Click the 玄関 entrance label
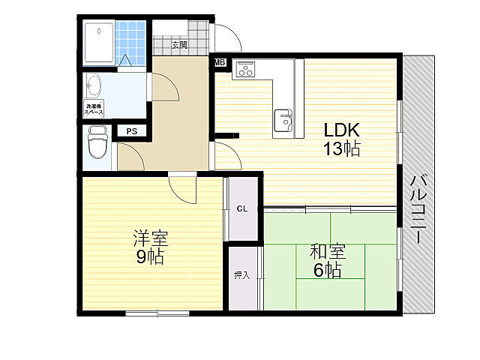click(179, 45)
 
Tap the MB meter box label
click(220, 63)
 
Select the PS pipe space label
click(132, 132)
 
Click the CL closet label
click(242, 208)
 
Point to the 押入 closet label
click(241, 275)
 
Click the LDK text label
click(341, 130)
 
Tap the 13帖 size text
click(341, 149)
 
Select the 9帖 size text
click(150, 256)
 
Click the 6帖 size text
click(327, 270)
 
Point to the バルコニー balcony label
click(418, 209)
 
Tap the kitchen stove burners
click(246, 69)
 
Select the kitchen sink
click(283, 120)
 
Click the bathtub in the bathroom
click(99, 43)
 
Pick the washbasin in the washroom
click(94, 86)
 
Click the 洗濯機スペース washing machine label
click(94, 109)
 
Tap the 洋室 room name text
click(151, 238)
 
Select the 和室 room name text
click(328, 252)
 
